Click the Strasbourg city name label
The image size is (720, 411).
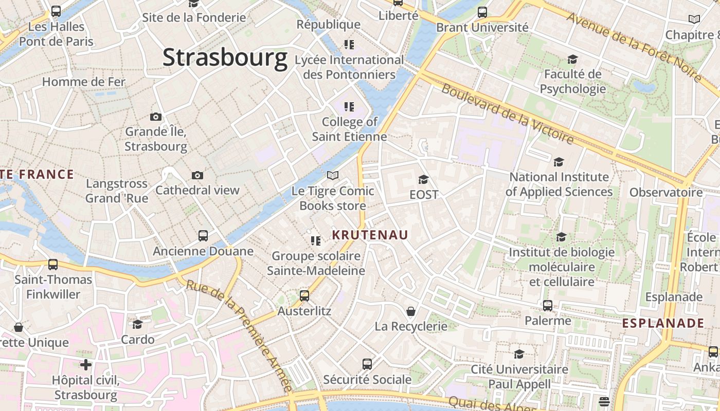coord(225,58)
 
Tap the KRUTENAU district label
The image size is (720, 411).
coord(370,235)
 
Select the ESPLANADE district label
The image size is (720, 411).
coord(663,323)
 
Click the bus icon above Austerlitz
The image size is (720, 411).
coord(304,296)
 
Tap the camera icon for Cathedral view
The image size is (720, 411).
coord(197,176)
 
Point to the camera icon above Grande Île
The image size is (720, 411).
coord(155,117)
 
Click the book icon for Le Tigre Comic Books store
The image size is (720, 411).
coord(333,176)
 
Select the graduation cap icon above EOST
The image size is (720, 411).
coord(423,179)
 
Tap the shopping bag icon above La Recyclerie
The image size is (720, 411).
coord(411,311)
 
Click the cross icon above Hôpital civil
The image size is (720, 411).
coord(86,365)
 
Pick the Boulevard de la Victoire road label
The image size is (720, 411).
coord(507,115)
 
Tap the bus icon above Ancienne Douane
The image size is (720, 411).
coord(203,236)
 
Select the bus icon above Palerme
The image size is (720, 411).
coord(548,306)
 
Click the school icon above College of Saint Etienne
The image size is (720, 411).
coord(349,107)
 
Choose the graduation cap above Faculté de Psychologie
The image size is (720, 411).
coord(572,60)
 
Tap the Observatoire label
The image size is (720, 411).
coord(666,193)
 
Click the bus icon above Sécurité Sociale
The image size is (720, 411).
coord(367,364)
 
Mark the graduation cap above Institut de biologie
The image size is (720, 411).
coord(561,237)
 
